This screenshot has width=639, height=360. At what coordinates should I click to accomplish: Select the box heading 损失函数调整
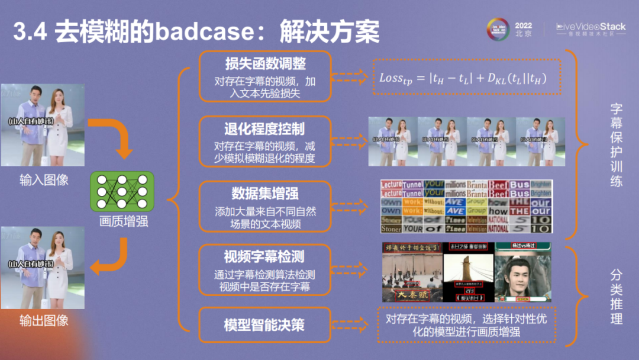(x=264, y=63)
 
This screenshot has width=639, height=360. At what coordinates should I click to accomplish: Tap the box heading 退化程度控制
(x=264, y=128)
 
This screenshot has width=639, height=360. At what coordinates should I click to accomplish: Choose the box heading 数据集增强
(x=264, y=194)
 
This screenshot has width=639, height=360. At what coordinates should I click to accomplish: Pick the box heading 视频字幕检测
(x=264, y=257)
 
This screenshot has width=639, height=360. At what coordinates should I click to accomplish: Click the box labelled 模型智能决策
(x=264, y=325)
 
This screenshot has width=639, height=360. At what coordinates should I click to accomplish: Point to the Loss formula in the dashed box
(x=466, y=77)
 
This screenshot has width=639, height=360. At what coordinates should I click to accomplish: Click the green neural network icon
(x=122, y=192)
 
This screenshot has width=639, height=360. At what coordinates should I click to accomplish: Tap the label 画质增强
(x=124, y=222)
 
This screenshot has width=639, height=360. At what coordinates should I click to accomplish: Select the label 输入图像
(x=44, y=180)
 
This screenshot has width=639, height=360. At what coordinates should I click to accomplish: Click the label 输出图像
(x=44, y=320)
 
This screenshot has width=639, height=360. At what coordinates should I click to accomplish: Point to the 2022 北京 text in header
(x=523, y=30)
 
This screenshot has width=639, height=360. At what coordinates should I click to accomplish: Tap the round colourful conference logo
(x=498, y=29)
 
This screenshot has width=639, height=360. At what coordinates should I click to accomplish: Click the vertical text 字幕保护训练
(x=616, y=145)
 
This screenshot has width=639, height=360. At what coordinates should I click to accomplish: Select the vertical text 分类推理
(x=616, y=296)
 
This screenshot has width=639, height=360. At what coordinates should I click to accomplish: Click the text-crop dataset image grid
(x=466, y=206)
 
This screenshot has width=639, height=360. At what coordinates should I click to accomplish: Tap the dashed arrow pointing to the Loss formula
(x=349, y=77)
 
